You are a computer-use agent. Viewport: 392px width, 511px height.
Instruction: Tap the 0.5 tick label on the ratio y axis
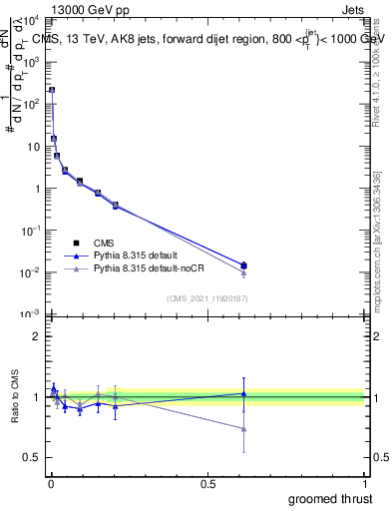(32, 458)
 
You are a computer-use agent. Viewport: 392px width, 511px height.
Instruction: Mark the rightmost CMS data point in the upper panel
(243, 265)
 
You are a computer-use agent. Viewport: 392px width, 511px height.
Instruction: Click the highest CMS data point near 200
(52, 90)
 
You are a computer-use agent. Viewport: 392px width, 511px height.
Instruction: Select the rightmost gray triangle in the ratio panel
(243, 429)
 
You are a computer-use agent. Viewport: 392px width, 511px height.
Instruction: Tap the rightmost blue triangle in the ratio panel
(243, 393)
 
